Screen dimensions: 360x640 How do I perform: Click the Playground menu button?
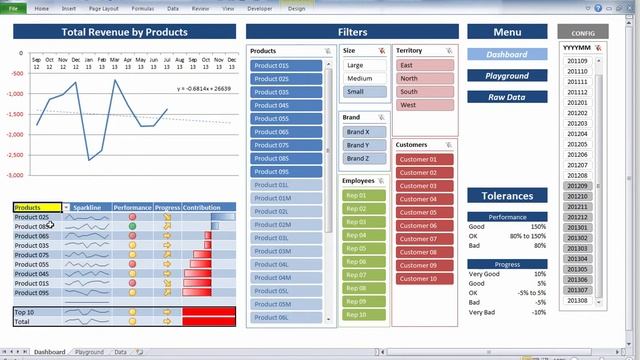coord(507,76)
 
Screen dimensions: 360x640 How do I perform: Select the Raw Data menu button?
coord(507,97)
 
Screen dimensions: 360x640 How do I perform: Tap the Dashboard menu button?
coord(507,54)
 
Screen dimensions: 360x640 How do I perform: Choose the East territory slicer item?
coord(425,65)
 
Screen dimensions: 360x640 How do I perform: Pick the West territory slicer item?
coord(425,104)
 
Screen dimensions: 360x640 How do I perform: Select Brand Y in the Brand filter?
coord(364,145)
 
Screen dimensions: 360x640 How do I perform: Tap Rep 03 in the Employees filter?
coord(364,221)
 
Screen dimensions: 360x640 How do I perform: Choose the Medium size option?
coord(364,78)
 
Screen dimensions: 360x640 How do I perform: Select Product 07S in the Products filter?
coord(289,145)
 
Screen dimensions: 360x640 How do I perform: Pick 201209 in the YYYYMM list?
coord(578,185)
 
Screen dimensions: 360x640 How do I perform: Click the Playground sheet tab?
coord(89,352)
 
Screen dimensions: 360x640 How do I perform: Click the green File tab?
coord(13,8)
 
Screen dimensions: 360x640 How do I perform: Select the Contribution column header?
coord(202,208)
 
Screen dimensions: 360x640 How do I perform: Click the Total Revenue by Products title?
coord(124,32)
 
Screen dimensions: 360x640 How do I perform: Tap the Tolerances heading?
coord(507,196)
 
